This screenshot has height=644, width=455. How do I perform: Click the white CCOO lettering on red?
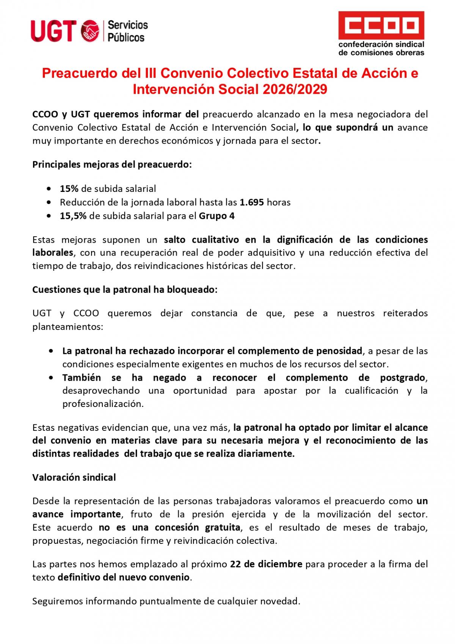381,26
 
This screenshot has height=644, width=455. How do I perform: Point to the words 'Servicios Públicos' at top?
127,31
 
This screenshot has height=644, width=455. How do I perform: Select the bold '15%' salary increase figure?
69,188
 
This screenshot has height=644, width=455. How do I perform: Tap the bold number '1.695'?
252,202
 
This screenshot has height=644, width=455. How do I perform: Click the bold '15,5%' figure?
73,216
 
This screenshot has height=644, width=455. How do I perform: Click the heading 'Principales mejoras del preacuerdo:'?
112,165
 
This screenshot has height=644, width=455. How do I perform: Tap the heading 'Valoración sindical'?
74,477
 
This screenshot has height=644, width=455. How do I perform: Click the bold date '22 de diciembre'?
266,564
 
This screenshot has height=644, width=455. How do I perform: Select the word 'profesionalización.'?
103,404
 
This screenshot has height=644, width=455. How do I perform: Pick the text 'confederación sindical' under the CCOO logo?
381,45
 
